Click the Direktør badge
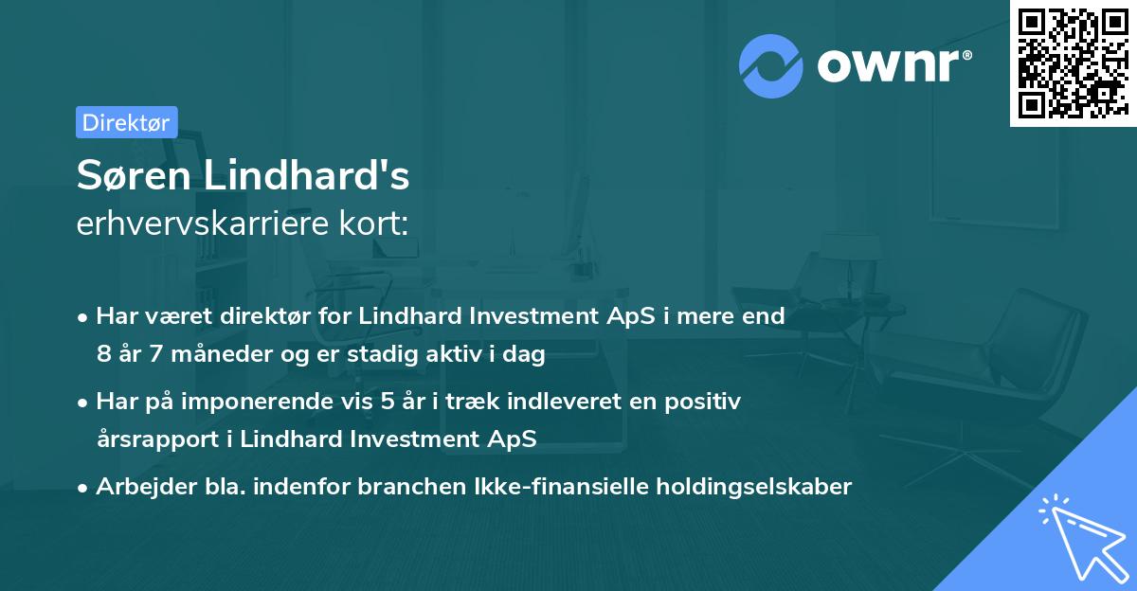pos(126,122)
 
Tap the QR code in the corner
pos(1072,63)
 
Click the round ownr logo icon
pos(771,66)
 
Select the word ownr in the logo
pos(893,66)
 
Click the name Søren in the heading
pos(126,176)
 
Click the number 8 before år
pos(102,355)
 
